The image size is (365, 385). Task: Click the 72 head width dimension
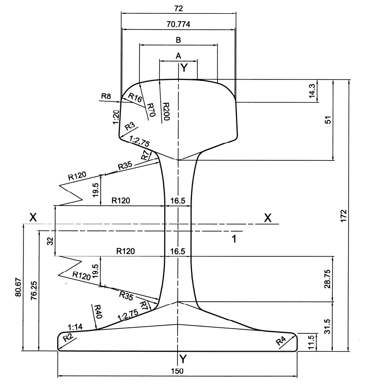(179, 9)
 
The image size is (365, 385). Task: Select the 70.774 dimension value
(179, 24)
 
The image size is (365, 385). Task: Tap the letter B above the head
(179, 40)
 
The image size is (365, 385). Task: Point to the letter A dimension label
(179, 56)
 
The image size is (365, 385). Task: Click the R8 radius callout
(106, 96)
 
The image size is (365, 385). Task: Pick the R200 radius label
(166, 112)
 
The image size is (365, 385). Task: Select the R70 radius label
(151, 110)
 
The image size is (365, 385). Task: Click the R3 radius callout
(130, 126)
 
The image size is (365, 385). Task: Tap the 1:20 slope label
(116, 117)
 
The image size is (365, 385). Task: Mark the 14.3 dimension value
(312, 91)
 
